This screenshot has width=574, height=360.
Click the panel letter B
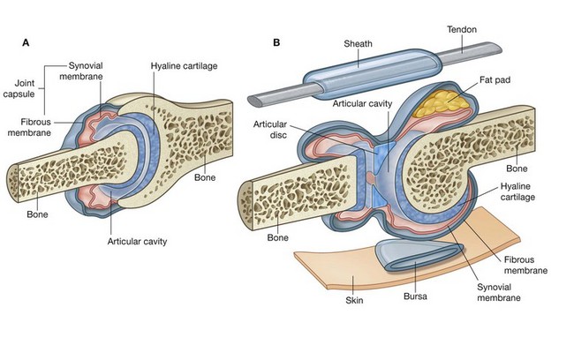click(x=277, y=41)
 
